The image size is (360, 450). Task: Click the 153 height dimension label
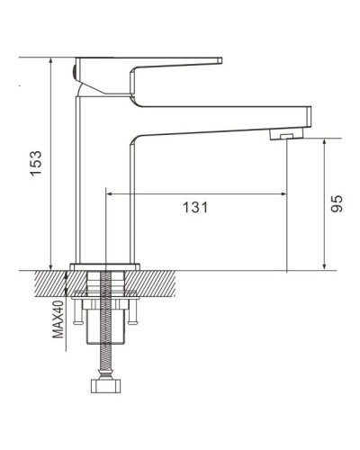click(35, 163)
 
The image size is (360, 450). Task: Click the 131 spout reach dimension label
click(195, 207)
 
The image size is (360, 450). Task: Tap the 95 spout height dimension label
click(337, 203)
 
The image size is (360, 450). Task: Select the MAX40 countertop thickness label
click(58, 319)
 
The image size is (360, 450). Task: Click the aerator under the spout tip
click(286, 134)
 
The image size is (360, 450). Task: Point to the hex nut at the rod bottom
click(105, 386)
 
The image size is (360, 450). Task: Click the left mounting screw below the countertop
click(77, 312)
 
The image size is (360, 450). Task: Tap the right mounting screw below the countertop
click(132, 312)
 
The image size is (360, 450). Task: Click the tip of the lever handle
click(220, 60)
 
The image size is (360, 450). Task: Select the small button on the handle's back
click(74, 72)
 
